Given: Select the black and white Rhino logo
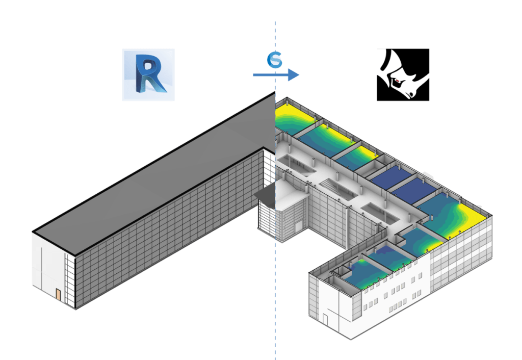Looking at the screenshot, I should (x=403, y=74).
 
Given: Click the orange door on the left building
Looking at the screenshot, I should (x=59, y=295).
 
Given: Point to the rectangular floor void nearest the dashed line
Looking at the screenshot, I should (x=301, y=166).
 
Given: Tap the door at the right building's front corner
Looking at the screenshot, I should (x=325, y=319).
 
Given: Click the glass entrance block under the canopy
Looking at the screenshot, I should (x=283, y=217).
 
